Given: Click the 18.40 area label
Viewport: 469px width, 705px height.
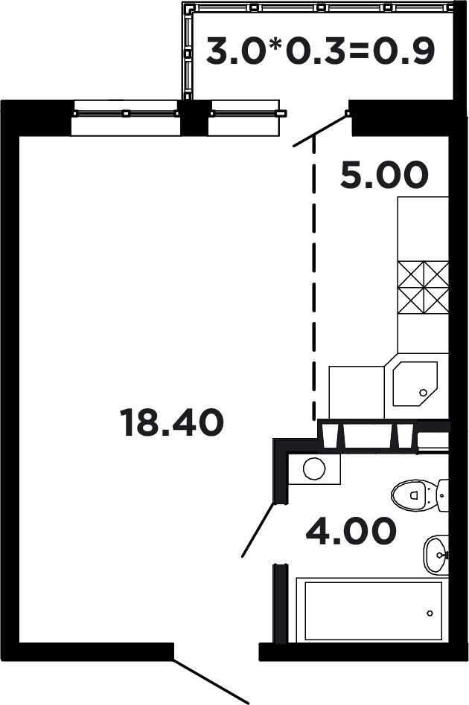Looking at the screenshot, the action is coord(171,422).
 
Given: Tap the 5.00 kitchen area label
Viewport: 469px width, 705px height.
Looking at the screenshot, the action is coord(384,175).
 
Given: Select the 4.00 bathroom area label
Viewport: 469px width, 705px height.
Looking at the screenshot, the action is coord(351,531).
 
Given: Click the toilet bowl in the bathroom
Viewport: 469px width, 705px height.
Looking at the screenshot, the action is coord(413,495).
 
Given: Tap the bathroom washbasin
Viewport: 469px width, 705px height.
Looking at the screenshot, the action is coord(435,554).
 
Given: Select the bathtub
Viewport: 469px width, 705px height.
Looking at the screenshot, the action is coord(372,611).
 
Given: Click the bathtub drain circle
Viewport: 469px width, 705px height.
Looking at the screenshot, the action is coord(430,613).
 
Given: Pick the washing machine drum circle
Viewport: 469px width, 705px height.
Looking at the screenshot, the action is coord(314,469).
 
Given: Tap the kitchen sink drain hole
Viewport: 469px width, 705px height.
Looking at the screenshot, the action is coord(423,393).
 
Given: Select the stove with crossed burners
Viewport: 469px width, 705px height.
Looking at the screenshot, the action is coord(423,287).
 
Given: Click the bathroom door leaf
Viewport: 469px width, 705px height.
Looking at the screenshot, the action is coord(258,529).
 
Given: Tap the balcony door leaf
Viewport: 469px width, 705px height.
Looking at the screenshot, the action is coord(320,130).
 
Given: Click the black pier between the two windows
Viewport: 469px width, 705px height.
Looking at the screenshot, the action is coord(195,117).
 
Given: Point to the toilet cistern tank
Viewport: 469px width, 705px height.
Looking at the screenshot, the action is coord(444,495).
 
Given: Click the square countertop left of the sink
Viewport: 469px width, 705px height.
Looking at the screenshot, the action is coord(357,393).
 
